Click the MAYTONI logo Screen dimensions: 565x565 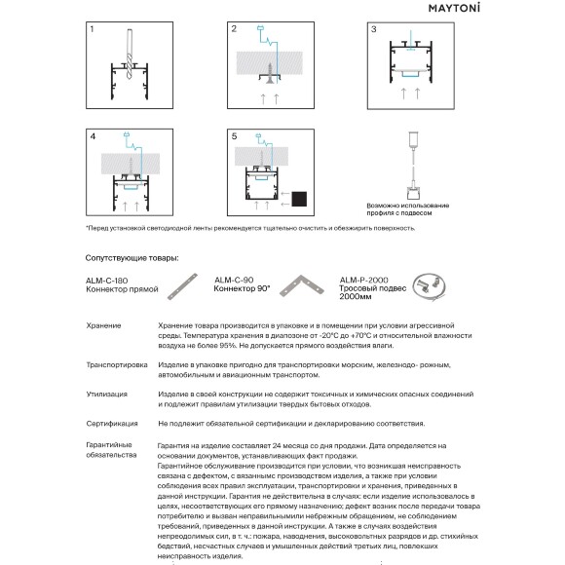tap(454, 9)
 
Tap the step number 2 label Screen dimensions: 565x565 tap(234, 29)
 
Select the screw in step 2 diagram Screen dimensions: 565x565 tap(270, 73)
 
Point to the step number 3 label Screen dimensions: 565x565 tap(374, 29)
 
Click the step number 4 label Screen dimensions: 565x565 tap(93, 136)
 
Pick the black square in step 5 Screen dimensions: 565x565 tap(299, 199)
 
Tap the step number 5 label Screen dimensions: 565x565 tap(234, 136)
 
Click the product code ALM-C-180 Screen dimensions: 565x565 tap(106, 281)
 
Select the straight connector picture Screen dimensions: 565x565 tap(183, 286)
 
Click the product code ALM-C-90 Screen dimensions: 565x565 tap(234, 280)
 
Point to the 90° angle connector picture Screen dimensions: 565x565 tap(302, 285)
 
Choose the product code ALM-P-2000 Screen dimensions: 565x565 tap(364, 280)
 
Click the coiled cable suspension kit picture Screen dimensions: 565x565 tap(429, 286)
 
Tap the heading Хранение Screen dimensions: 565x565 tap(104, 325)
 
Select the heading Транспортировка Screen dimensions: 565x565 tap(117, 365)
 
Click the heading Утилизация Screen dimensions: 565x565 tap(106, 395)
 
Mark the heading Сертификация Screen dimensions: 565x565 tap(112, 424)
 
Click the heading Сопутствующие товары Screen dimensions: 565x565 tap(132, 258)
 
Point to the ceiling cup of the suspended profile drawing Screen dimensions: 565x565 tap(413, 138)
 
